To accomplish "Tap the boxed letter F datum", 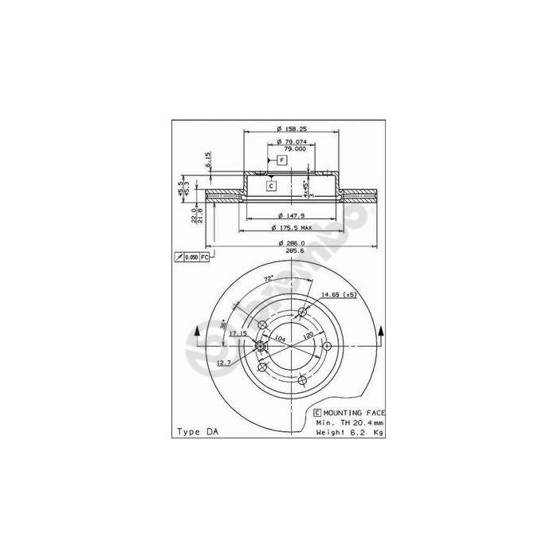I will click(281, 161).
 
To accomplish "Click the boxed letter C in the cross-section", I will click(271, 186).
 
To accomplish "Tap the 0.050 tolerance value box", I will click(191, 257).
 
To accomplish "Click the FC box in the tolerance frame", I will click(204, 257).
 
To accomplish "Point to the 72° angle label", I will click(270, 278).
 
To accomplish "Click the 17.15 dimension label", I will click(238, 334).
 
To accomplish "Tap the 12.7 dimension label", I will click(223, 363).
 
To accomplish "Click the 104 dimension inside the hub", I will click(280, 339).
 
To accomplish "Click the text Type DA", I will click(196, 431).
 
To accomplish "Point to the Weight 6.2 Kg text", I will click(350, 431).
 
